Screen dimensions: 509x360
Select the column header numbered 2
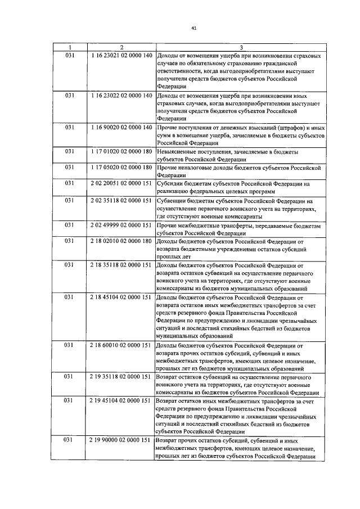pos(121,48)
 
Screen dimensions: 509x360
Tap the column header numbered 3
pos(241,48)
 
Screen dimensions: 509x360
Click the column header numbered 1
pos(70,48)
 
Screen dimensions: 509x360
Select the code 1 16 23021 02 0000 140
pos(121,56)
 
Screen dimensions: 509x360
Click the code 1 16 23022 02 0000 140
pos(121,96)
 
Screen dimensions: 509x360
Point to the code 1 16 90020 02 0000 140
pos(121,128)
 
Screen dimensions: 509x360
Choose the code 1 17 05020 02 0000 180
pos(121,168)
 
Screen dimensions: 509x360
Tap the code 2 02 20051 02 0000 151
pos(121,183)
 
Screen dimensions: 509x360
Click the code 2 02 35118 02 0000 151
pos(121,200)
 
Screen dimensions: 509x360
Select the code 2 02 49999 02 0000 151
pos(121,225)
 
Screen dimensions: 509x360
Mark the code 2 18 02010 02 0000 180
pos(121,241)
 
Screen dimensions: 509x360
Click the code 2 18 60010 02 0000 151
pos(121,345)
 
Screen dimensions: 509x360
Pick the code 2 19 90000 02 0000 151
pos(121,440)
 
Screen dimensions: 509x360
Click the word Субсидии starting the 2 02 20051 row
pos(171,183)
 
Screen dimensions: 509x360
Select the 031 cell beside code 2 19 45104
pos(70,400)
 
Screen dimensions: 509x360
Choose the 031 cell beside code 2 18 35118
pos(70,264)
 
